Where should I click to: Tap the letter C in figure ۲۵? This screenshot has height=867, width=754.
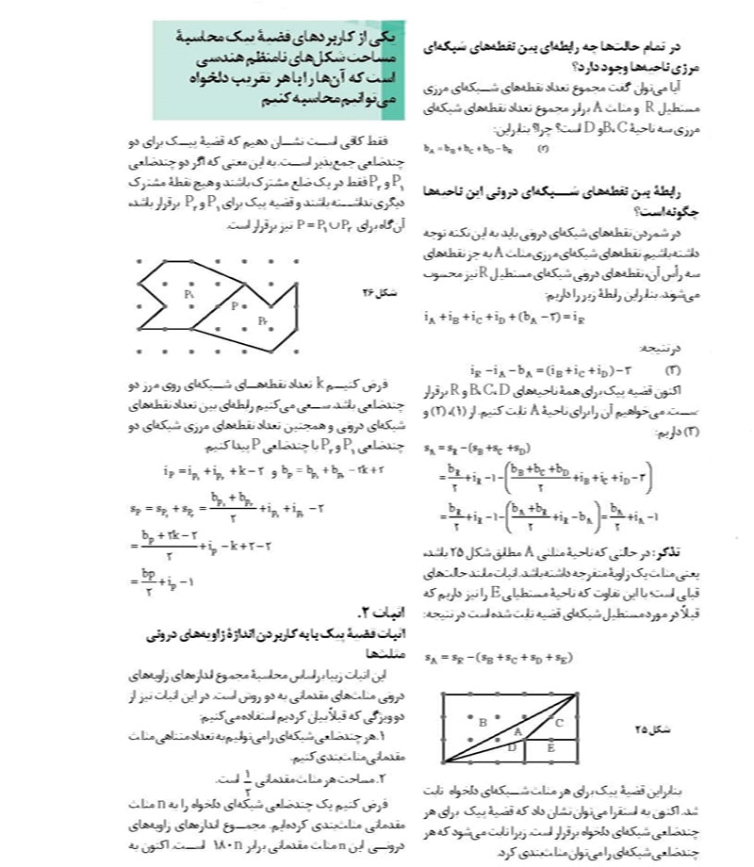pos(558,722)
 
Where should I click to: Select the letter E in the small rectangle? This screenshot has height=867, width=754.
pos(551,747)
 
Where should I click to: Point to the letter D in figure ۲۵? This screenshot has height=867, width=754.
pos(512,746)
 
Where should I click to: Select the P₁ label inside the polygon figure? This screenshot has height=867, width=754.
pos(189,295)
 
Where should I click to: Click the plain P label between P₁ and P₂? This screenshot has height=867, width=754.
pos(235,305)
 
